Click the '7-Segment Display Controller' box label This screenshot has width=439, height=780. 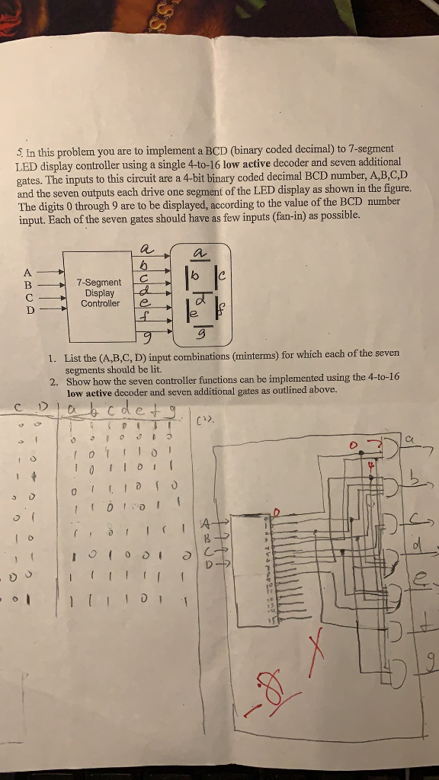click(x=100, y=292)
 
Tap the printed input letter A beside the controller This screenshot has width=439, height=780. click(x=28, y=271)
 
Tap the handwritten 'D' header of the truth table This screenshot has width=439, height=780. click(x=43, y=412)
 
